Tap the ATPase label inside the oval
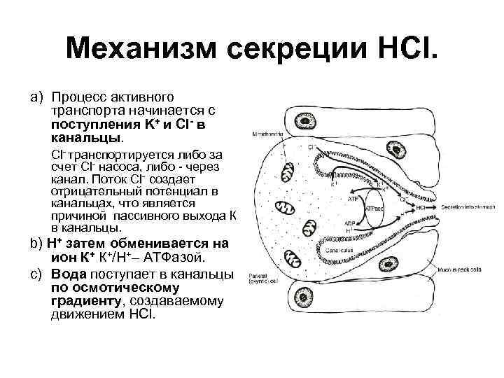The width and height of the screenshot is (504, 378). (379, 209)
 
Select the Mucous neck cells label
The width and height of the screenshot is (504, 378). (467, 269)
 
